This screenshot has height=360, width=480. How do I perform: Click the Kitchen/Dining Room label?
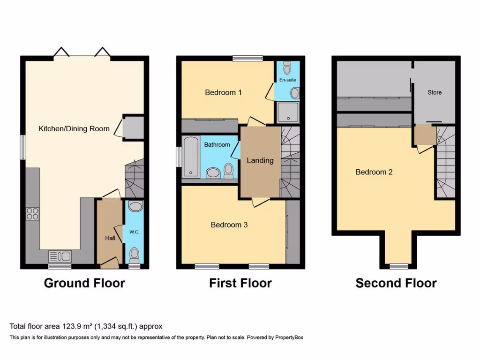[74, 128]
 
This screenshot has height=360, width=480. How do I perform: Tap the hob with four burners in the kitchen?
[32, 213]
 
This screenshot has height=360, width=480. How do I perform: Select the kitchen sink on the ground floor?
[60, 256]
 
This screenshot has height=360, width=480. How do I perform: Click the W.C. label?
[134, 232]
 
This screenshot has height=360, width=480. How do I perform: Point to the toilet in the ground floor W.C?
[134, 255]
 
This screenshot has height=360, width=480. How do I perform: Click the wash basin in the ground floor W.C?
[134, 207]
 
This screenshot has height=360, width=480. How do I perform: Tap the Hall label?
[110, 238]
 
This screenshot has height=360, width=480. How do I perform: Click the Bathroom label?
[217, 144]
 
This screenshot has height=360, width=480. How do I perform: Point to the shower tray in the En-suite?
[287, 112]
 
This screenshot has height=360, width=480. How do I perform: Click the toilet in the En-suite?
[287, 68]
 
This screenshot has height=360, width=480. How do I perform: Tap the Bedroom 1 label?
[223, 92]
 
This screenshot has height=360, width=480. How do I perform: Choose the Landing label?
[260, 160]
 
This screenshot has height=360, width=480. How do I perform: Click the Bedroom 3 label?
[229, 225]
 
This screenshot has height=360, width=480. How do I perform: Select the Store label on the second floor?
[434, 92]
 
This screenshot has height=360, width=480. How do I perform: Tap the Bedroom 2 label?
[374, 172]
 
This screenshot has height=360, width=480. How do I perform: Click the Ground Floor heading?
[84, 283]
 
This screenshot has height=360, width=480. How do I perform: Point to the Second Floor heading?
[396, 283]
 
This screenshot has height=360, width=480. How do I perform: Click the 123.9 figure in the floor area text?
[69, 326]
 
